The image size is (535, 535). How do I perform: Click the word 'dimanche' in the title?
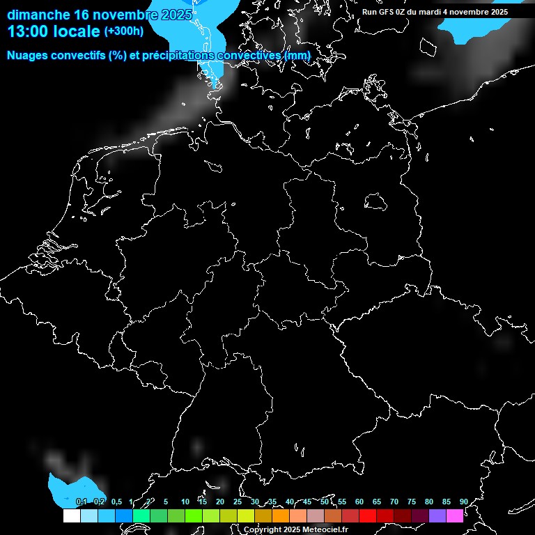38,14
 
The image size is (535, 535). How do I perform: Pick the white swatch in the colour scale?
71,516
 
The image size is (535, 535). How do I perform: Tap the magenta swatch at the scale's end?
454,516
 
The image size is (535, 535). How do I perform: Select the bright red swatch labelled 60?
367,516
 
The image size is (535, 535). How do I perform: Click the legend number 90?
463,502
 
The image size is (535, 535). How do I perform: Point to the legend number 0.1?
82,502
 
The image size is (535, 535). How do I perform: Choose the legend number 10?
185,502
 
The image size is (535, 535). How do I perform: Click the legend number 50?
325,502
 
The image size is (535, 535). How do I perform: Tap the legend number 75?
412,502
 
